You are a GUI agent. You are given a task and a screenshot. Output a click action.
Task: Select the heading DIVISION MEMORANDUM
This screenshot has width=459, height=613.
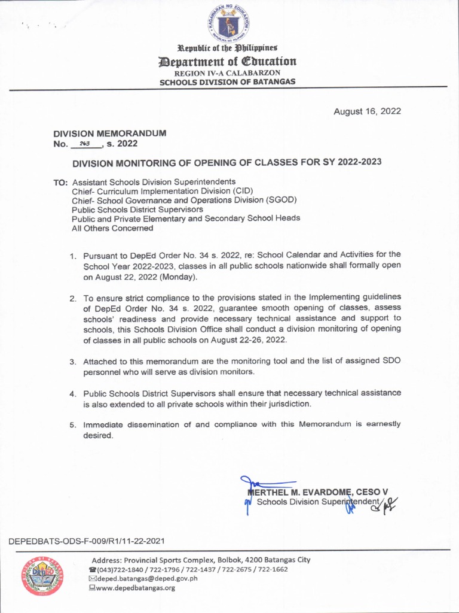click(110, 133)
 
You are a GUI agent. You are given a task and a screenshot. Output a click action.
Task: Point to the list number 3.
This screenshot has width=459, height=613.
click(72, 362)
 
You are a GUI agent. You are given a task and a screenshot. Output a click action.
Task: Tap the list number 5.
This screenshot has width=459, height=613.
click(72, 425)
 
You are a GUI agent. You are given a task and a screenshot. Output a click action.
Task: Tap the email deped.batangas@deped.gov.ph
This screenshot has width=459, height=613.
click(147, 578)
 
